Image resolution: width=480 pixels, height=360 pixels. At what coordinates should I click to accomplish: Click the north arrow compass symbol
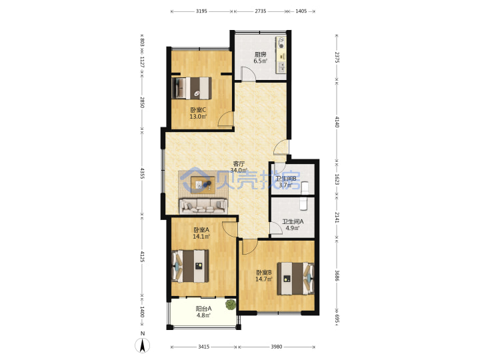[x=143, y=345]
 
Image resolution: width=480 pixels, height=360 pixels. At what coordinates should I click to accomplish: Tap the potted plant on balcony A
[x=231, y=305]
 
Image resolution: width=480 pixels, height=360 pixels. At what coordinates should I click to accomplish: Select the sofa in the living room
[x=203, y=206]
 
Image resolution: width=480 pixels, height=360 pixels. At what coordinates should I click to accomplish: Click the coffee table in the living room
[x=203, y=185]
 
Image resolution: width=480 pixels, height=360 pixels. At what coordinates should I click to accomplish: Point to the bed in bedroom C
[x=191, y=88]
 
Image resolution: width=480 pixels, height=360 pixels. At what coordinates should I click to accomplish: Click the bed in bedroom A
[x=191, y=266]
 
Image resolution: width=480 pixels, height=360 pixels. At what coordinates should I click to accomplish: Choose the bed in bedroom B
[x=296, y=278]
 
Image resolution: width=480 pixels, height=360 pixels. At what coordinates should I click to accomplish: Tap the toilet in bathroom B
[x=305, y=187]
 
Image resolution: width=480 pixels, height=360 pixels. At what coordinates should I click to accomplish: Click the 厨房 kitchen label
[x=260, y=55]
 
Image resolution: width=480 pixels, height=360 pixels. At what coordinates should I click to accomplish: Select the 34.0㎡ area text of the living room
[x=239, y=170]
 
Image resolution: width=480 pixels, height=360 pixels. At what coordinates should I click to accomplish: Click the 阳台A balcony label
[x=203, y=309]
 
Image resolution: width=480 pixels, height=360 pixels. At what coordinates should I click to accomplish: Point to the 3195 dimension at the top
[x=201, y=11]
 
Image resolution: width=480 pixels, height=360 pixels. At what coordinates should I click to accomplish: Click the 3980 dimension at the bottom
[x=277, y=347]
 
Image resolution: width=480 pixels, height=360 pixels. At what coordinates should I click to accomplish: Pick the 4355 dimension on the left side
[x=142, y=173]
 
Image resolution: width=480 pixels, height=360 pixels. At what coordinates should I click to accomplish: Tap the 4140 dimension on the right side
[x=337, y=122]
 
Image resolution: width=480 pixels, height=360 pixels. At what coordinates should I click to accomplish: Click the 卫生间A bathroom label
[x=293, y=221]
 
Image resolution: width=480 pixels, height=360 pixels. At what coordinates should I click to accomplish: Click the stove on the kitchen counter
[x=281, y=43]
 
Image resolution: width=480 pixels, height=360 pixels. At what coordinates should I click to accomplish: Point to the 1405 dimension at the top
[x=301, y=11]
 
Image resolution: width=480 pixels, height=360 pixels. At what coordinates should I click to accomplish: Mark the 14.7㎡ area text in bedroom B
[x=264, y=279]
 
